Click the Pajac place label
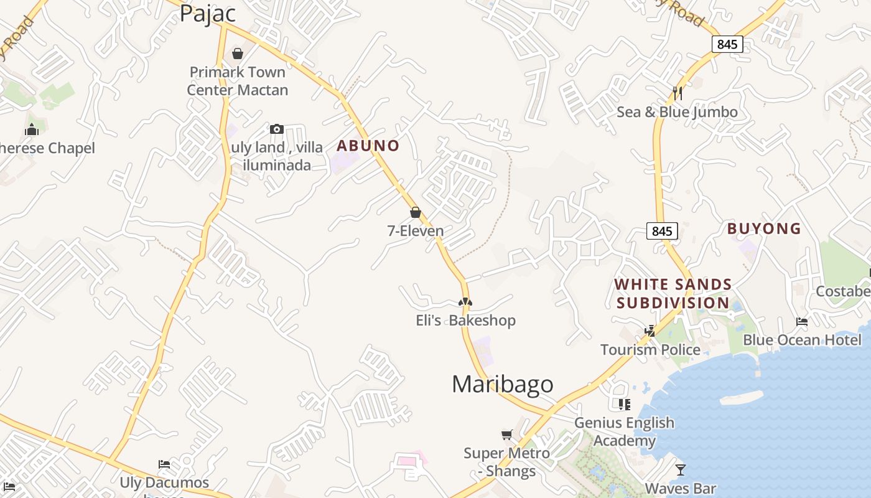point(208,13)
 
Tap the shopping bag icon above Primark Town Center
point(237,54)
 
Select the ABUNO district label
point(368,146)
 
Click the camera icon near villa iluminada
point(277,129)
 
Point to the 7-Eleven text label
point(416,231)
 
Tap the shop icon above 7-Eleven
point(416,213)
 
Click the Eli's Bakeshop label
point(465,321)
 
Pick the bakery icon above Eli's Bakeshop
point(465,302)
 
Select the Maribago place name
point(502,384)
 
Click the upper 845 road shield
point(727,44)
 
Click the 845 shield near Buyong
point(662,231)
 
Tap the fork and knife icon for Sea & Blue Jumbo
point(678,93)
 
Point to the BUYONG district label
point(764,228)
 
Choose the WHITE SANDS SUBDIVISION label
point(673,294)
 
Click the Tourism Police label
point(650,350)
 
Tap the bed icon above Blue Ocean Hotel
point(802,322)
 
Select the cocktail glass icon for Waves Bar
point(681,469)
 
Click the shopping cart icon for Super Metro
point(507,435)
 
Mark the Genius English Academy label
point(624,431)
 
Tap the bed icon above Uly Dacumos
point(164,464)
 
